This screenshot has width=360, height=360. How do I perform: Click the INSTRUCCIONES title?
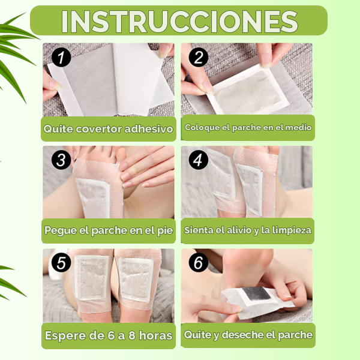click(179, 22)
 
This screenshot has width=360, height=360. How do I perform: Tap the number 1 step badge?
click(61, 58)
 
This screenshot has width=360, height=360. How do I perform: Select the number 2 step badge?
click(199, 57)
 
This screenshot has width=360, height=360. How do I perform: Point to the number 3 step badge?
click(61, 160)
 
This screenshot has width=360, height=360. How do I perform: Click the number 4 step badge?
click(199, 160)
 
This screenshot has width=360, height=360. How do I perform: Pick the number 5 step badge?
click(61, 262)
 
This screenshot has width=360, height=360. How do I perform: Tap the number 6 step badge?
click(199, 262)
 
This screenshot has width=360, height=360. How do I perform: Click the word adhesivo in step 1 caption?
click(149, 129)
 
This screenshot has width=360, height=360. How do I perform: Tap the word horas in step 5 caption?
click(155, 335)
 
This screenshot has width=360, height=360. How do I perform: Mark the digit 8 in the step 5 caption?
click(132, 335)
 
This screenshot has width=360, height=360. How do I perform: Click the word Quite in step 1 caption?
click(58, 129)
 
